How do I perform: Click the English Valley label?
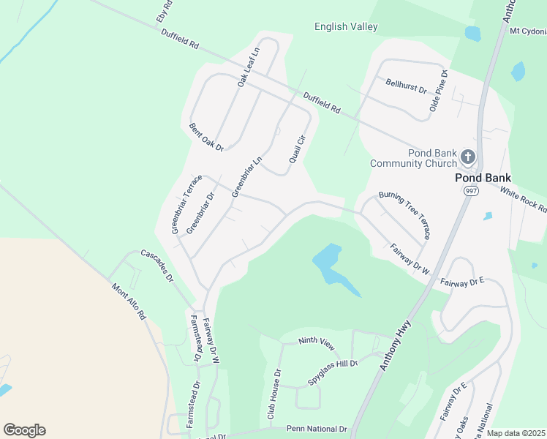coord(346,27)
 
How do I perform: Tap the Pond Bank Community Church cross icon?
coord(468,156)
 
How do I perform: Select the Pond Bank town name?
coord(483,177)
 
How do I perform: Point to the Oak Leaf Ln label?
coord(249,68)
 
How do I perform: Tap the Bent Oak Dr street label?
coord(206,137)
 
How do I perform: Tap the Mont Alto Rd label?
coord(129,302)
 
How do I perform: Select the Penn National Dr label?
coord(316,429)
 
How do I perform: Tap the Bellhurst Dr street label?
coord(406,87)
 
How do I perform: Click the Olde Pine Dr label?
coord(438,95)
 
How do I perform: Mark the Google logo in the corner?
coord(24,429)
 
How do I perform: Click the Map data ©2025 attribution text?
coord(516,433)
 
